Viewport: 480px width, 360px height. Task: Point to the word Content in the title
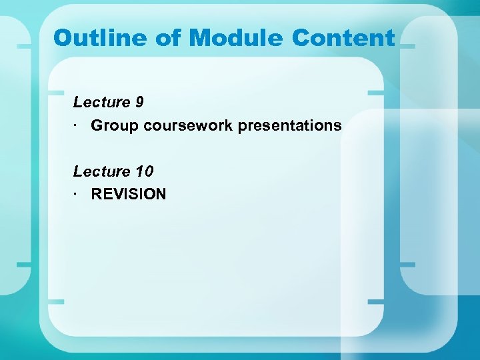pyautogui.click(x=343, y=38)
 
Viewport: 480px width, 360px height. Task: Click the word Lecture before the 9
pyautogui.click(x=101, y=102)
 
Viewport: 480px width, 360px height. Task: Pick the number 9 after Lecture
pyautogui.click(x=139, y=102)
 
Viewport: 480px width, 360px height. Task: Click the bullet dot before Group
pyautogui.click(x=77, y=125)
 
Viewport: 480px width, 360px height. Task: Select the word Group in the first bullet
pyautogui.click(x=113, y=125)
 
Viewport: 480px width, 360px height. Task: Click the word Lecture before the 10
pyautogui.click(x=101, y=171)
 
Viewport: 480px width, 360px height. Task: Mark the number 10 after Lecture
pyautogui.click(x=143, y=171)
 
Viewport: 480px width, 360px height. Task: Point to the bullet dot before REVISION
pyautogui.click(x=77, y=194)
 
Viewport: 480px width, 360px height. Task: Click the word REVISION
pyautogui.click(x=129, y=194)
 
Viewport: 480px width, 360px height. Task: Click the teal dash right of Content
pyautogui.click(x=407, y=47)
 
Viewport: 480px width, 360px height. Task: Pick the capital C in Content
pyautogui.click(x=301, y=38)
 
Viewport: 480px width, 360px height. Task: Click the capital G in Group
pyautogui.click(x=97, y=125)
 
